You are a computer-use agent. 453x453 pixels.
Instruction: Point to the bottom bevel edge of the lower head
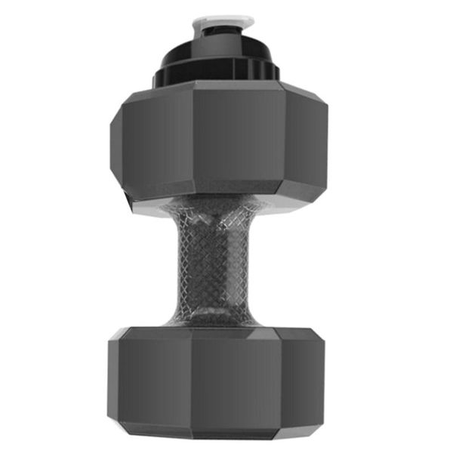tap(219, 432)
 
